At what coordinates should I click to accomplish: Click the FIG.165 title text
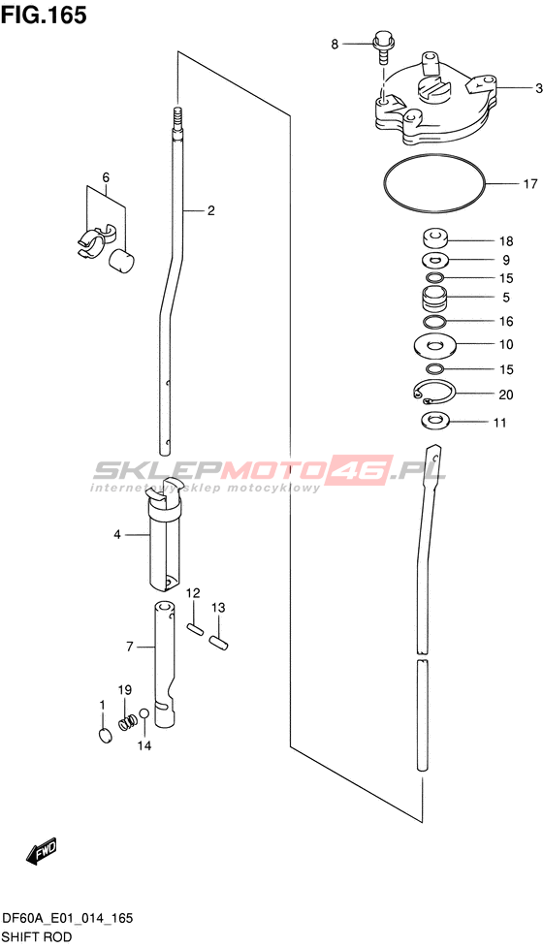pos(44,16)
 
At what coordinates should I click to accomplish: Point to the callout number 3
pos(537,88)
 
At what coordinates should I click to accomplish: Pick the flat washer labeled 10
pos(433,345)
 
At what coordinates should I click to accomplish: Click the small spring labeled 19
pos(126,721)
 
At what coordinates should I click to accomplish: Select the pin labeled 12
pos(194,628)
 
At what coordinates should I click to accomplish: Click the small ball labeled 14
pos(144,713)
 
